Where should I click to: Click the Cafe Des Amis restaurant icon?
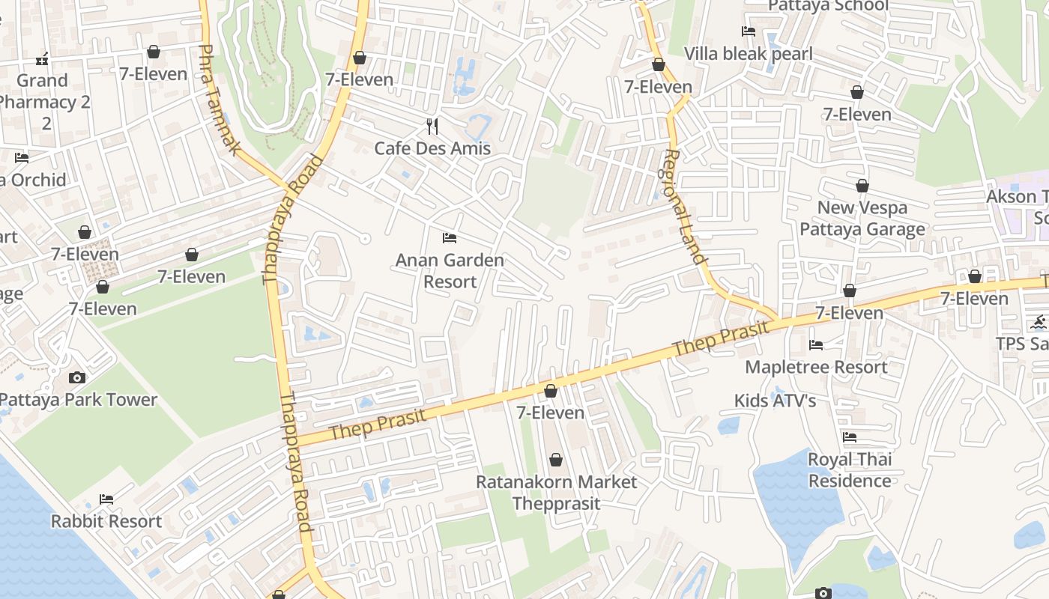pyautogui.click(x=432, y=126)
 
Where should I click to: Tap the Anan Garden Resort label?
pyautogui.click(x=450, y=271)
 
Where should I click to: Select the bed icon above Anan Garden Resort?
pyautogui.click(x=450, y=238)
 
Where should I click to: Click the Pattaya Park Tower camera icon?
pyautogui.click(x=77, y=377)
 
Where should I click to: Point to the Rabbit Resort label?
pyautogui.click(x=106, y=521)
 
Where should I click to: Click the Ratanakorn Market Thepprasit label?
pyautogui.click(x=556, y=492)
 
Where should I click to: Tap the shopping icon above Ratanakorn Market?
pyautogui.click(x=556, y=460)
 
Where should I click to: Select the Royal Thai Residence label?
pyautogui.click(x=850, y=469)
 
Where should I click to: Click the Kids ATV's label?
pyautogui.click(x=775, y=401)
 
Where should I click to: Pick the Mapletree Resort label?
pyautogui.click(x=816, y=367)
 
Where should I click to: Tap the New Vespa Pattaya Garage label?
pyautogui.click(x=862, y=218)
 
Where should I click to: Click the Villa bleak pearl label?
pyautogui.click(x=748, y=54)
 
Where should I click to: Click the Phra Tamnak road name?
pyautogui.click(x=218, y=100)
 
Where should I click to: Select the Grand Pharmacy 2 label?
pyautogui.click(x=43, y=101)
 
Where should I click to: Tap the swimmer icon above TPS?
pyautogui.click(x=1039, y=323)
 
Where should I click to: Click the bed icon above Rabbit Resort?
pyautogui.click(x=106, y=499)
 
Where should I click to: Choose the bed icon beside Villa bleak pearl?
pyautogui.click(x=748, y=31)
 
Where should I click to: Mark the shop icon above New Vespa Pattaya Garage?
pyautogui.click(x=862, y=186)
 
